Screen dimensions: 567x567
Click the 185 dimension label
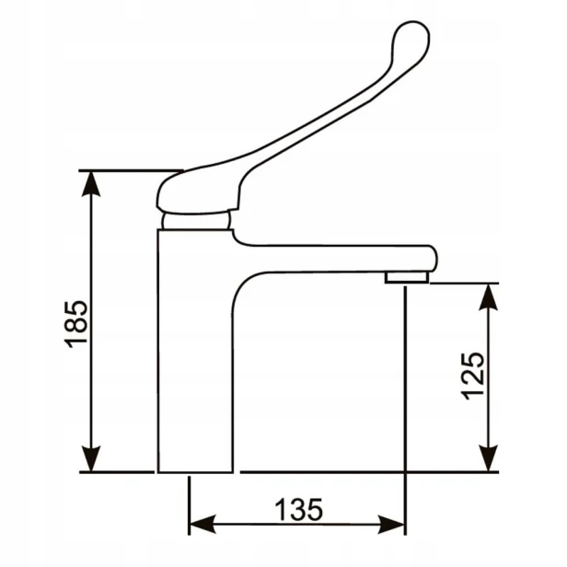pyautogui.click(x=75, y=324)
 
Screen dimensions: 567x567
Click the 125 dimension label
pyautogui.click(x=472, y=376)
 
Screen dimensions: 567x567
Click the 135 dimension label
pyautogui.click(x=298, y=510)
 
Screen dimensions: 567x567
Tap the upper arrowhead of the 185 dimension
pyautogui.click(x=91, y=184)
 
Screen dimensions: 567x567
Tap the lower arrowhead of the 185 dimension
pyautogui.click(x=91, y=459)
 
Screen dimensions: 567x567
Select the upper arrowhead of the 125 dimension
pyautogui.click(x=489, y=297)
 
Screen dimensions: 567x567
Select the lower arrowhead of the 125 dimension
pyautogui.click(x=489, y=458)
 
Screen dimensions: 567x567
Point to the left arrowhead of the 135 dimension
pyautogui.click(x=202, y=524)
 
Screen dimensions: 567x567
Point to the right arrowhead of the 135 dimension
pyautogui.click(x=391, y=524)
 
